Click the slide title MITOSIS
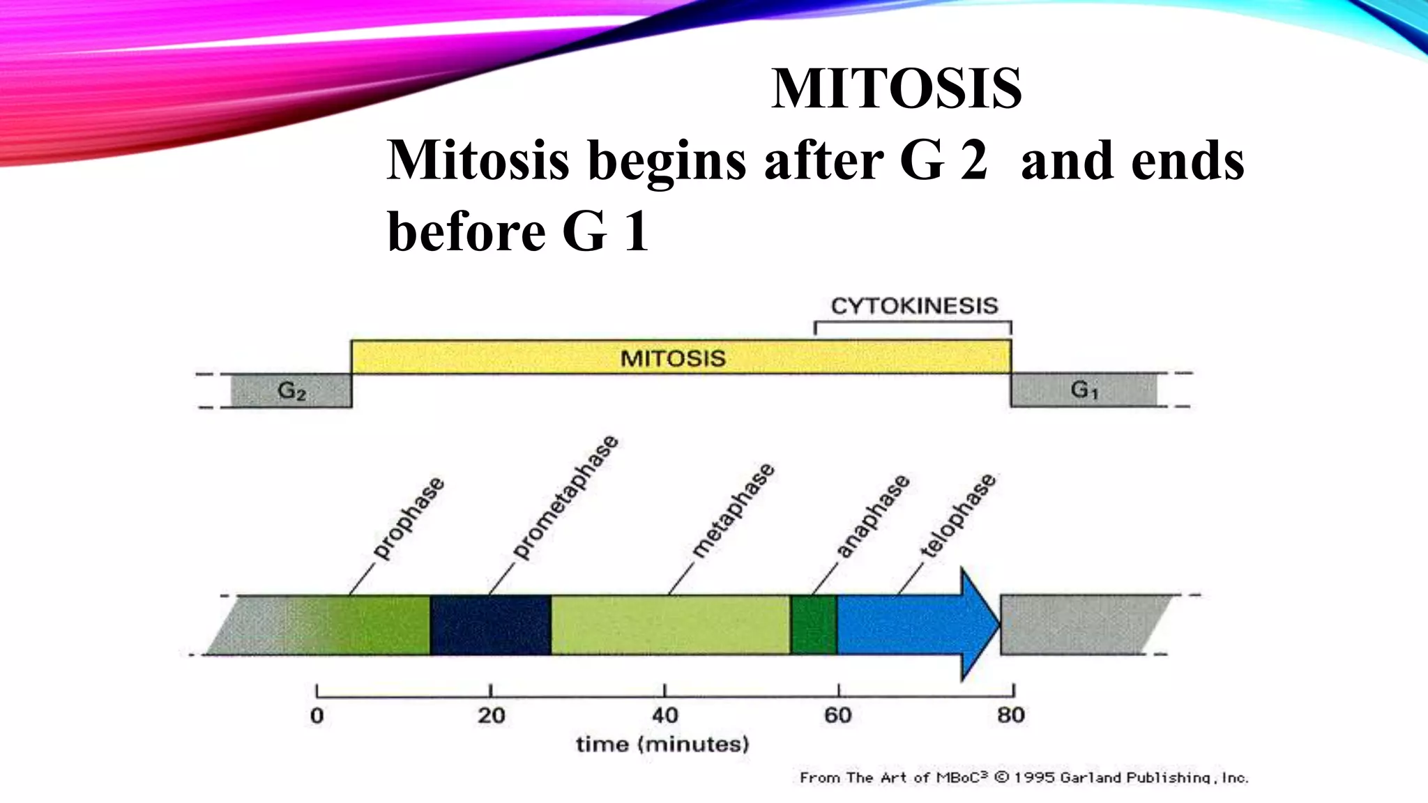tap(896, 89)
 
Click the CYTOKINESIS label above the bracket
tap(914, 306)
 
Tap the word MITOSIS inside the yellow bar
tap(673, 358)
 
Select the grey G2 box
tap(291, 390)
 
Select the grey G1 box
tap(1084, 390)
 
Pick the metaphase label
tap(733, 510)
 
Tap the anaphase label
tap(872, 517)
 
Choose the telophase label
tap(958, 516)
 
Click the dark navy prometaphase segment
tap(490, 625)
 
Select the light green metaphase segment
tap(670, 625)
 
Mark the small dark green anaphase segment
tap(814, 625)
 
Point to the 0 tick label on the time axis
tap(317, 716)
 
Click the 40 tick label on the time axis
tap(664, 715)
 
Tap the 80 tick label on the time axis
tap(1010, 715)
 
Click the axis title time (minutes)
tap(662, 744)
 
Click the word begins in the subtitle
tap(667, 161)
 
